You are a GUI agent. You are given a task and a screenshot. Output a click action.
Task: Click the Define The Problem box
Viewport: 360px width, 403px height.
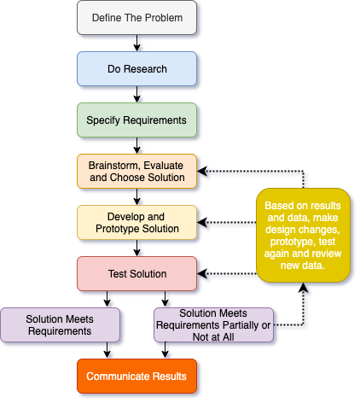point(136,18)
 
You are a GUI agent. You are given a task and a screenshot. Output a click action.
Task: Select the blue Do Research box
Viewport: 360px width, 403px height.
point(136,69)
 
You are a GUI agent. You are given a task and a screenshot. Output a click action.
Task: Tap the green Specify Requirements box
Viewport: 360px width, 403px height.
point(136,120)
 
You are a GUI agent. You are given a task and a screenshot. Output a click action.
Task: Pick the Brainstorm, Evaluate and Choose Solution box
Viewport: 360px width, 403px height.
point(136,172)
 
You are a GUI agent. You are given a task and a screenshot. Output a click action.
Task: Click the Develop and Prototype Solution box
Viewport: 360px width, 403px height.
point(136,223)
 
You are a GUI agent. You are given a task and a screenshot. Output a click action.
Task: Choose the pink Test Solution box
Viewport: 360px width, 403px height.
point(136,274)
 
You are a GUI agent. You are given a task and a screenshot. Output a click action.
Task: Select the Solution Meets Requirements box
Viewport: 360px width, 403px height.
point(60,325)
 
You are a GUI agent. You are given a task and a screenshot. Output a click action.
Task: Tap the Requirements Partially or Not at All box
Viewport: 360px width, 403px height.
point(213,325)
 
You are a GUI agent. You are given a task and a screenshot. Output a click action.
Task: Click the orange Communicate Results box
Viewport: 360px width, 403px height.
point(136,377)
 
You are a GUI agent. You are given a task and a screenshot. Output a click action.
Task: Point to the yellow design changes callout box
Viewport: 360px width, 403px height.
point(303,236)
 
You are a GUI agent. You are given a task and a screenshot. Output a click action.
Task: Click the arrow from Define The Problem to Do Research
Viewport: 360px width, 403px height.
point(136,44)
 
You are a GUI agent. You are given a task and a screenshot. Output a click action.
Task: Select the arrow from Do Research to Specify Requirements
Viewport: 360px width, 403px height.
point(136,95)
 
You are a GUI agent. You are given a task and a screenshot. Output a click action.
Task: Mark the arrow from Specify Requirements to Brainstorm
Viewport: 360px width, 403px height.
point(136,146)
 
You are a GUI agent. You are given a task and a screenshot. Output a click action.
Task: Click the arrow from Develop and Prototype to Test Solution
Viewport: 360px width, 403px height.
point(136,248)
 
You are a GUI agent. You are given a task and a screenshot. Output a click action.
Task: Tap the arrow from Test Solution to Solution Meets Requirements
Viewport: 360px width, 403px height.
point(107,300)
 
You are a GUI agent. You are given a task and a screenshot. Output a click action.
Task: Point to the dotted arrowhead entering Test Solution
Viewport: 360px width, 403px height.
point(202,274)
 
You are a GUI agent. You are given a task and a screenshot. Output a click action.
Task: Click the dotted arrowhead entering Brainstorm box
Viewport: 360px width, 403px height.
point(202,172)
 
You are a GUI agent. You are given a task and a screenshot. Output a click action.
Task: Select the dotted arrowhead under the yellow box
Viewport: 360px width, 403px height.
point(303,288)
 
